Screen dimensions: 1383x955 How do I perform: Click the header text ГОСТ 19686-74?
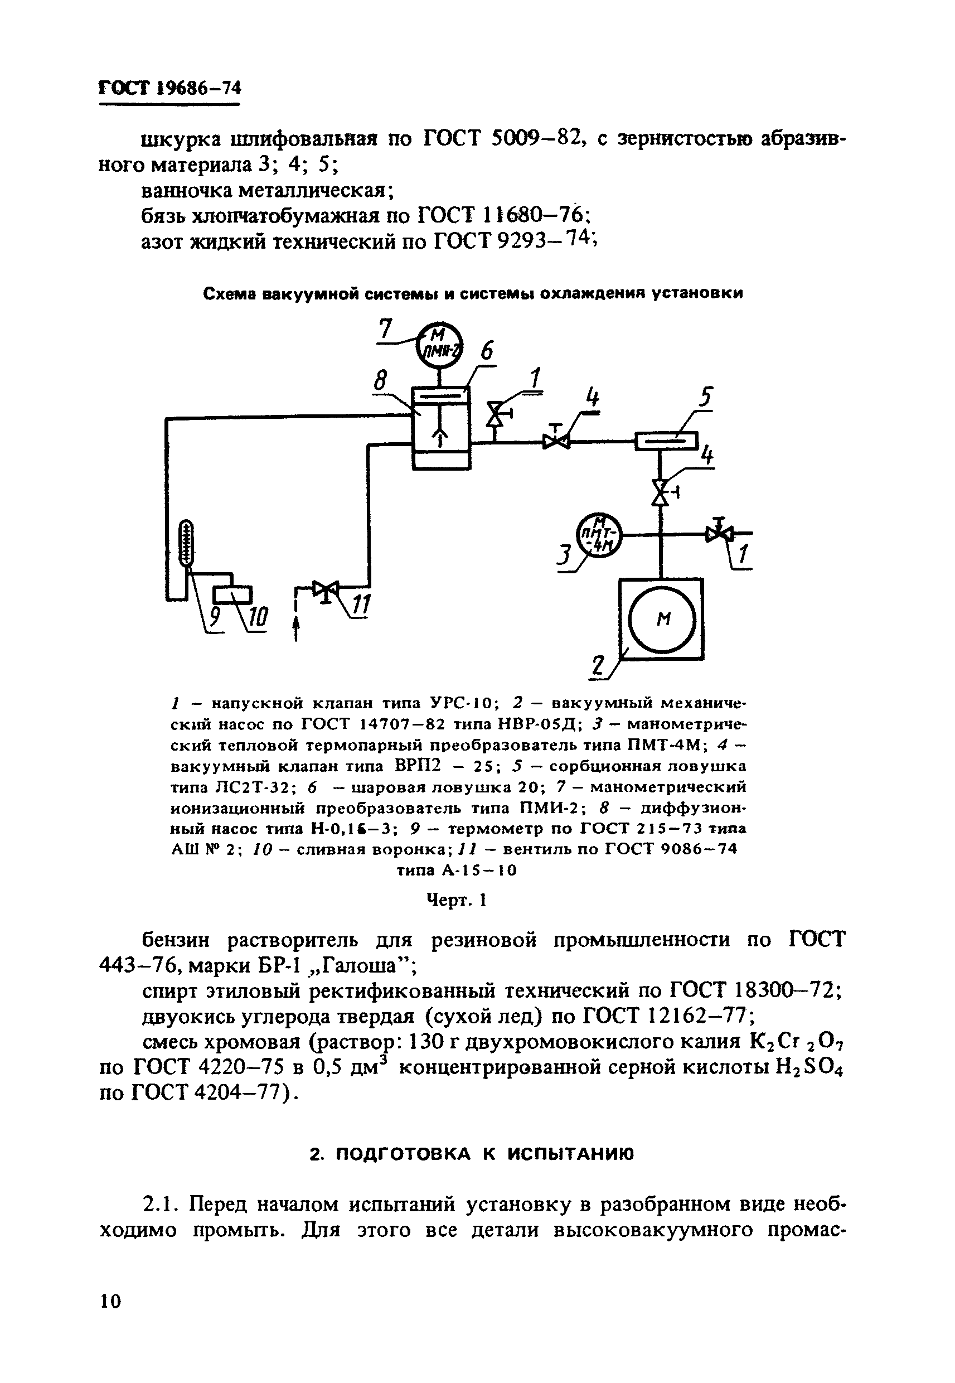(x=169, y=89)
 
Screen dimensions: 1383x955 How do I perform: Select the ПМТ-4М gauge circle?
(x=599, y=534)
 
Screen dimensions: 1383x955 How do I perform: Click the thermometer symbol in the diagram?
(x=188, y=541)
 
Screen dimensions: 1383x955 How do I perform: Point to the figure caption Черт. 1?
(x=457, y=900)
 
